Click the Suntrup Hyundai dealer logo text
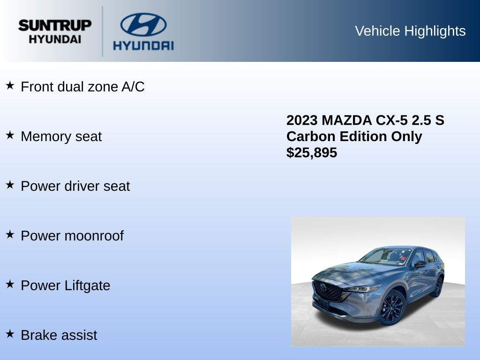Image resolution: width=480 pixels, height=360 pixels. pos(55,31)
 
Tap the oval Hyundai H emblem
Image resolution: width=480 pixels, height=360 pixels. pos(143,24)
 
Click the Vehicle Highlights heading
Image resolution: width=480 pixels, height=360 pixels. pos(410,31)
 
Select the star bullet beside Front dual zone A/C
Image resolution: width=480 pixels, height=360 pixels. pos(10,85)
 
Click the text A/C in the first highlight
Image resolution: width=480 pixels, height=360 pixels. pos(133,87)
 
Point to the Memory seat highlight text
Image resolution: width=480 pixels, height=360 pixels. pos(61,136)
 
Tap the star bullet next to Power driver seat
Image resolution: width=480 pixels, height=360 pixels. pos(10,185)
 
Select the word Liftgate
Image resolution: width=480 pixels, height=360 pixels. pos(87,286)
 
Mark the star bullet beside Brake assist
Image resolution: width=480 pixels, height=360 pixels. pos(10,334)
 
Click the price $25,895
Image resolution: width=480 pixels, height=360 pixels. pos(312,153)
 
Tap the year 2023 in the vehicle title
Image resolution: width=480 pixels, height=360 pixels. pos(302,120)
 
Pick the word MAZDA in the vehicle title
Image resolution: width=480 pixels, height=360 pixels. pos(346,120)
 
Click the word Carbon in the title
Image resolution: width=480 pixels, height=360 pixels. pos(311,136)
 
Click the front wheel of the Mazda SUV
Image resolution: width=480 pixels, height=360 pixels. pos(392,307)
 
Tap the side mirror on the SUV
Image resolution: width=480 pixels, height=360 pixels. pos(420,264)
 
